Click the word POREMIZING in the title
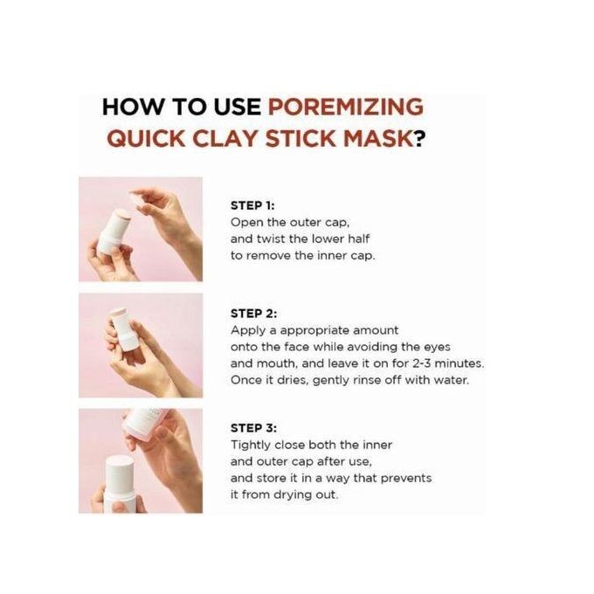pos(346,107)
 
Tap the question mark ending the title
pos(419,139)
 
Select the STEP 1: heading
pos(252,205)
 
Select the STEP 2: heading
pos(253,314)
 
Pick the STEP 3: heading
pos(253,428)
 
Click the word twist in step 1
pos(271,239)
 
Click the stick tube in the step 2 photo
pos(122,328)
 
